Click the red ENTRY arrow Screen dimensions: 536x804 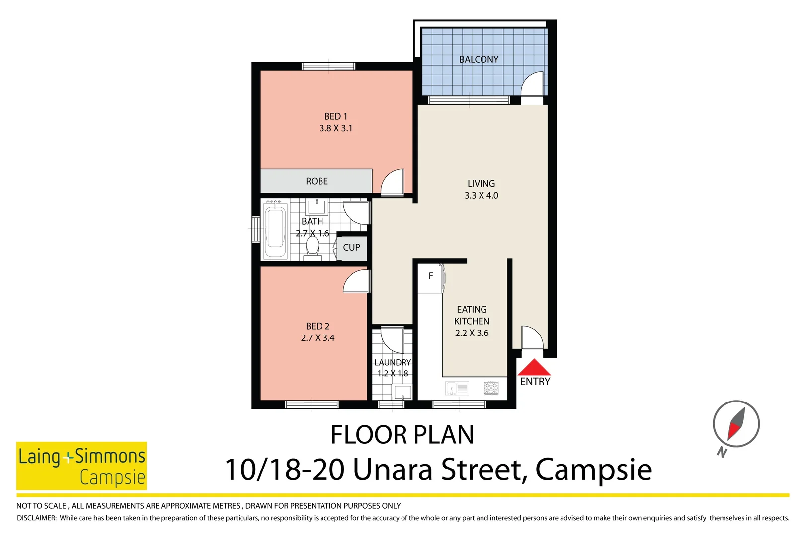point(534,368)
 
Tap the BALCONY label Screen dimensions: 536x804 point(479,59)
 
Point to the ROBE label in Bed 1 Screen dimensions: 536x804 point(317,181)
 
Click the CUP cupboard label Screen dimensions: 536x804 point(351,247)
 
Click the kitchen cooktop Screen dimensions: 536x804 point(491,388)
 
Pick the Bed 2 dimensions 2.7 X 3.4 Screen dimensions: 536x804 point(318,338)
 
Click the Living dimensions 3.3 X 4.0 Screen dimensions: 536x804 point(481,196)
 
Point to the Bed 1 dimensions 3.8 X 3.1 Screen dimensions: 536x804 point(335,128)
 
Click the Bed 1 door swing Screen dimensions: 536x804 point(394,182)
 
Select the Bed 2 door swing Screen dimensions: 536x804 point(356,282)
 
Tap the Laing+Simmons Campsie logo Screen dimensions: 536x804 point(81,466)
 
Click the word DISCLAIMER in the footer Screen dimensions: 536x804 point(37,518)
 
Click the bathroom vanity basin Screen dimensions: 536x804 point(316,205)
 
